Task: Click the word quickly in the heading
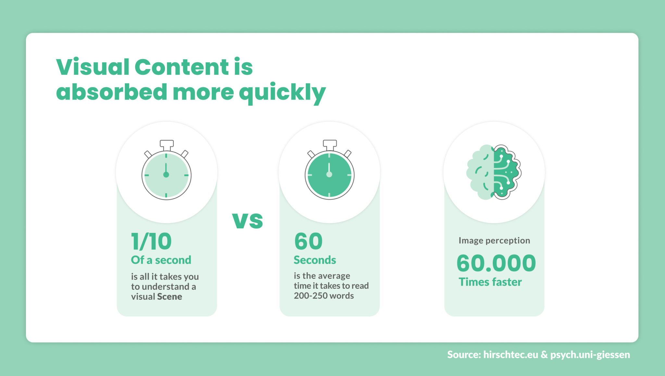tap(282, 93)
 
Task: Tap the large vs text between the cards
tap(247, 221)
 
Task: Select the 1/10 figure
tap(151, 242)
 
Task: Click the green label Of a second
tap(161, 260)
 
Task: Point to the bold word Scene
tap(169, 297)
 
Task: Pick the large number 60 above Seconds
tap(308, 242)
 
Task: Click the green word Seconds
tap(315, 260)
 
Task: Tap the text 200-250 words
tap(324, 296)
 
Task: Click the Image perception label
tap(494, 240)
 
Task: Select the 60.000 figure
tap(496, 263)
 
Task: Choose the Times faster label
tap(490, 282)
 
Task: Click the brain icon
tap(494, 172)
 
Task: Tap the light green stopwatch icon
tap(166, 174)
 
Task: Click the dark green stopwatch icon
tap(329, 174)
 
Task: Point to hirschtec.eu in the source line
tap(510, 355)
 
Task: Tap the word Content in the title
tap(182, 67)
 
